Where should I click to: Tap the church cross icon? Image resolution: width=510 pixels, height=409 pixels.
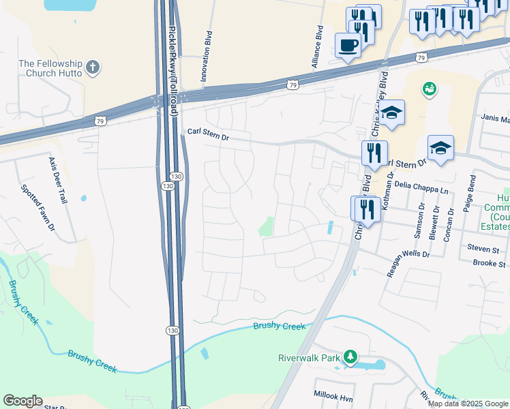pyautogui.click(x=93, y=68)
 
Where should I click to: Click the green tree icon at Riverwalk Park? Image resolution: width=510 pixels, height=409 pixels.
pyautogui.click(x=350, y=357)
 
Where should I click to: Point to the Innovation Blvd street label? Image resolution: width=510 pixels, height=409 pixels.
pyautogui.click(x=206, y=57)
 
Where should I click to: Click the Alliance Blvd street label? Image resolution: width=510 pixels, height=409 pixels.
pyautogui.click(x=317, y=47)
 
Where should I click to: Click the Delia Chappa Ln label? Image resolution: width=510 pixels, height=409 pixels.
pyautogui.click(x=421, y=185)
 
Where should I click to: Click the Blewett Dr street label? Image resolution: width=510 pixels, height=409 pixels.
pyautogui.click(x=434, y=222)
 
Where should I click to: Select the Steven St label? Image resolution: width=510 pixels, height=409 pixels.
pyautogui.click(x=483, y=249)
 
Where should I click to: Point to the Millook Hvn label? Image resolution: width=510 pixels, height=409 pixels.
pyautogui.click(x=332, y=395)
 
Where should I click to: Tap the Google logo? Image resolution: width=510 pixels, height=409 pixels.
pyautogui.click(x=23, y=401)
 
